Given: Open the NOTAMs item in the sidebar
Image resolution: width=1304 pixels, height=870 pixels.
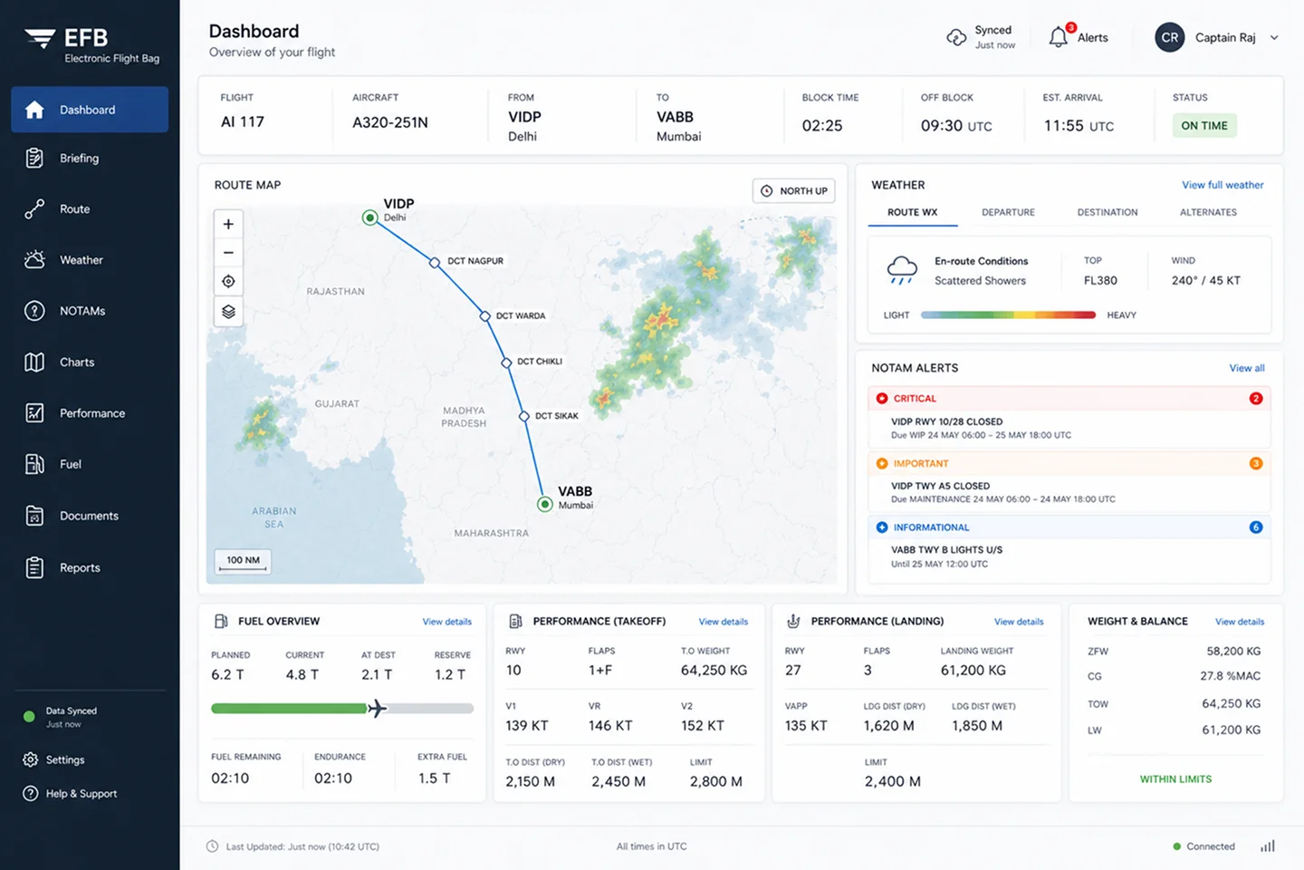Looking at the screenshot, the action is (82, 311).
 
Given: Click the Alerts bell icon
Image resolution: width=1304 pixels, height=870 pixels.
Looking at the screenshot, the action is (1059, 37).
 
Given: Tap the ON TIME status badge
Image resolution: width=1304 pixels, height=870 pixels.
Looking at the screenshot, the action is (1203, 125).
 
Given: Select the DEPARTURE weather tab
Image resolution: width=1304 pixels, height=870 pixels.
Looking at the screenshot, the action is (1008, 212).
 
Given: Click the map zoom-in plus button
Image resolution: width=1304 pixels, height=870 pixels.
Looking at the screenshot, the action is (228, 224).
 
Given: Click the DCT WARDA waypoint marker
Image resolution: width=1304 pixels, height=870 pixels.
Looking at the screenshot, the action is (485, 316).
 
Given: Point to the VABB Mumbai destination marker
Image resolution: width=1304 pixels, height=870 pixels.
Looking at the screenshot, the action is (545, 504).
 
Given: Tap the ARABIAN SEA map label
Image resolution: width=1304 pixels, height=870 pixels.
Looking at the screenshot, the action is (273, 517).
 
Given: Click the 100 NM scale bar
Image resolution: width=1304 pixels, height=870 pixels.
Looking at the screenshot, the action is (243, 562).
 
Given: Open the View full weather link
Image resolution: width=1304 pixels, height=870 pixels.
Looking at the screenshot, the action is (1222, 185).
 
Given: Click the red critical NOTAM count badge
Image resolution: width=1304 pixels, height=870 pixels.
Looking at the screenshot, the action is (1256, 399).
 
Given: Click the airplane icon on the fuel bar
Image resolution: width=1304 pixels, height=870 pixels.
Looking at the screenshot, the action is (378, 709).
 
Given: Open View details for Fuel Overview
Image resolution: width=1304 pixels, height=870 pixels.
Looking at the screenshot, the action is (447, 622).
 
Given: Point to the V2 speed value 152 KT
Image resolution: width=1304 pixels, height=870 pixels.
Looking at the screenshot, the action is (703, 726).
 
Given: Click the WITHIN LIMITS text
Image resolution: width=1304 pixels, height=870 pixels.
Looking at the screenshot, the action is (1175, 779).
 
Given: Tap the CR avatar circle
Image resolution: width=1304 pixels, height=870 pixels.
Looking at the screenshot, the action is (1170, 37).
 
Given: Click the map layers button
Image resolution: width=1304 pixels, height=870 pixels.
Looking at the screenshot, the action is (228, 312).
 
